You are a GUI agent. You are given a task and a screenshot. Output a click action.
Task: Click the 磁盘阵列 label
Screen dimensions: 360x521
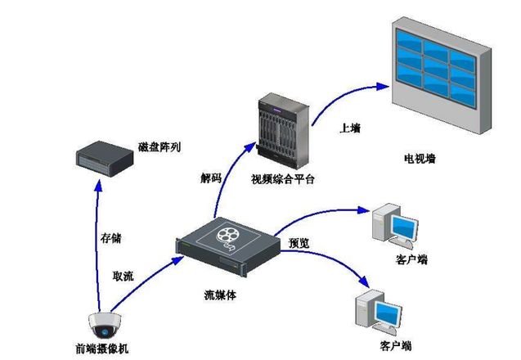coord(160,147)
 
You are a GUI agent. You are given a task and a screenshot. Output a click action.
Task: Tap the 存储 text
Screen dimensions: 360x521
coord(110,238)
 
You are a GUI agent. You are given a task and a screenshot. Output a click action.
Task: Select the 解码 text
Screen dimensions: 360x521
coord(210,178)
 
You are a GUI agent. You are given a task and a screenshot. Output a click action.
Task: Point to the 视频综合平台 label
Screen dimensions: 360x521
coord(283,178)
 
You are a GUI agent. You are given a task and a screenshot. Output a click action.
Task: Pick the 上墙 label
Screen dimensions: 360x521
coord(350,128)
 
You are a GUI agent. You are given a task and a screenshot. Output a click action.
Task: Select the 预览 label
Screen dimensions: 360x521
coord(299,244)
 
